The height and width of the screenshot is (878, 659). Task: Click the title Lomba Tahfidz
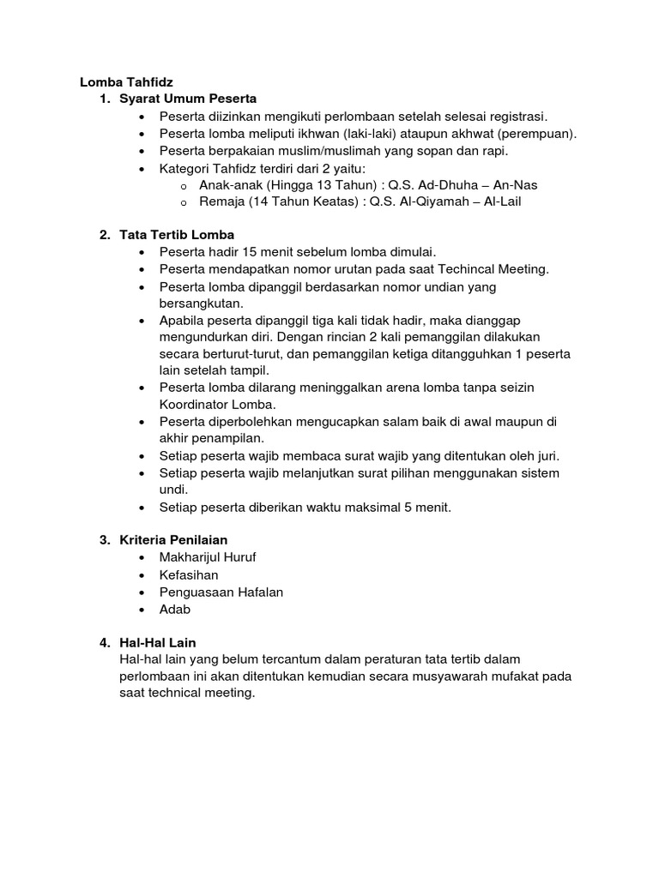click(126, 82)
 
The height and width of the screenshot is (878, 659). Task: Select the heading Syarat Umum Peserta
click(189, 99)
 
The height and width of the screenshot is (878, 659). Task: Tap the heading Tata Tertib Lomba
click(177, 234)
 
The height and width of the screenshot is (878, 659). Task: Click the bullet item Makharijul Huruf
click(208, 557)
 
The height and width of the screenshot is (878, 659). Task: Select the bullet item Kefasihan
click(189, 574)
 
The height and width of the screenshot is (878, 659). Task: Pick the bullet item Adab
click(175, 609)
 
